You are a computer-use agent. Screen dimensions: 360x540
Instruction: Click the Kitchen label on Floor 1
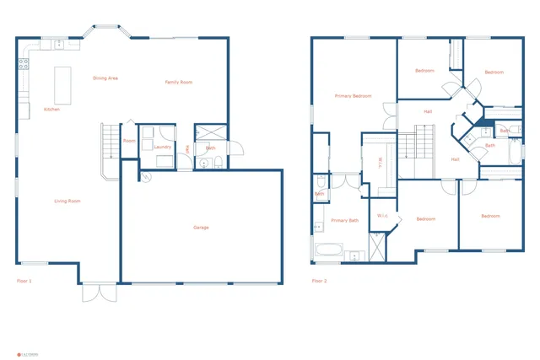point(51,110)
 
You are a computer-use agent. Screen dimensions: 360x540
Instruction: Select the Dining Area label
point(105,78)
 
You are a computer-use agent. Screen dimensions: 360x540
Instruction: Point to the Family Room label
point(178,82)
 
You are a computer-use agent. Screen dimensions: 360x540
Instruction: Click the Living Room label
point(67,201)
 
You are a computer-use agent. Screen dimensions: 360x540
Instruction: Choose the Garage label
point(201,227)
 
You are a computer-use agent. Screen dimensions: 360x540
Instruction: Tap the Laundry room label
point(163,147)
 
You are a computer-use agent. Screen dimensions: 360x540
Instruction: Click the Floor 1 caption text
point(24,280)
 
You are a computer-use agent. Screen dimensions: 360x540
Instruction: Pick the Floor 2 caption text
point(319,280)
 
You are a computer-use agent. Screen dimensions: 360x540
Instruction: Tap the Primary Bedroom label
point(353,96)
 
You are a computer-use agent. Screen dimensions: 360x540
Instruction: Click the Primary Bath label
point(344,220)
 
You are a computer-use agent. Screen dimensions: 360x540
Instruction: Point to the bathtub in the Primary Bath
point(327,250)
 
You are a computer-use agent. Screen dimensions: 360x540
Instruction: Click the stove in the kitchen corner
point(24,62)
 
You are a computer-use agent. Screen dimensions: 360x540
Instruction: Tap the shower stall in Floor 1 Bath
point(205,133)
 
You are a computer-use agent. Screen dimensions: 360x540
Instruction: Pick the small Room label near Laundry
point(129,141)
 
